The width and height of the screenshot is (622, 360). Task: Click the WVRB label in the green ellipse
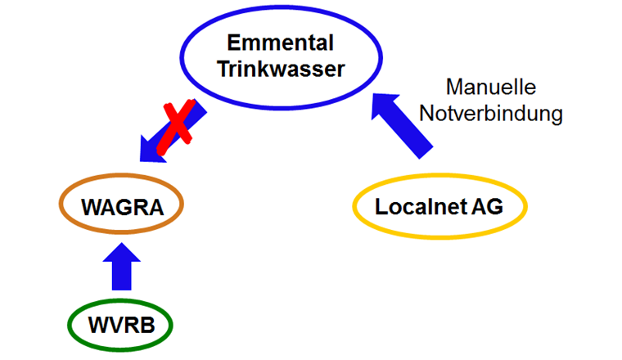pyautogui.click(x=122, y=326)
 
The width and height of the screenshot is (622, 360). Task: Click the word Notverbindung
pyautogui.click(x=491, y=113)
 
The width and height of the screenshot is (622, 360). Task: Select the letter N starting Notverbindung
pyautogui.click(x=427, y=113)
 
